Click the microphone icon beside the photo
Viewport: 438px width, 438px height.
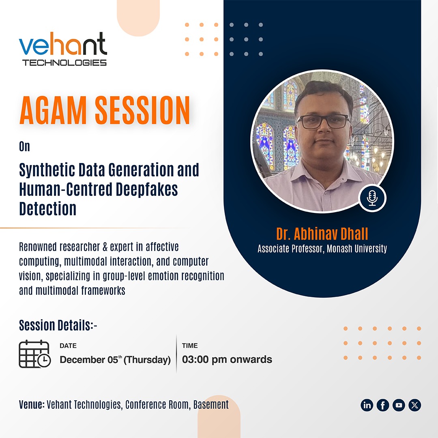[372, 198]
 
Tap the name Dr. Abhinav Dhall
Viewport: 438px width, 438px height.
[322, 234]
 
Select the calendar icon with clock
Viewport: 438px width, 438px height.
[34, 354]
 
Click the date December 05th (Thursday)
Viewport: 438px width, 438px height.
[115, 360]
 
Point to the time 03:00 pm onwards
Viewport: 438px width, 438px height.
[227, 359]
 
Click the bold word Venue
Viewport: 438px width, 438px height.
[31, 405]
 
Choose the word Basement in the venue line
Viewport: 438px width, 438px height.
[210, 405]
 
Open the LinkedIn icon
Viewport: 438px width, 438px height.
[367, 405]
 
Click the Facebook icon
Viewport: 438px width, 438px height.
[383, 405]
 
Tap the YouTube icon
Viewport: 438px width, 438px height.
[399, 405]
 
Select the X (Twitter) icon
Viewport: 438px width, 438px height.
[414, 405]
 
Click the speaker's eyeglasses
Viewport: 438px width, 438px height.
[323, 121]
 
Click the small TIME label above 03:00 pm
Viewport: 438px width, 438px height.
[190, 346]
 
